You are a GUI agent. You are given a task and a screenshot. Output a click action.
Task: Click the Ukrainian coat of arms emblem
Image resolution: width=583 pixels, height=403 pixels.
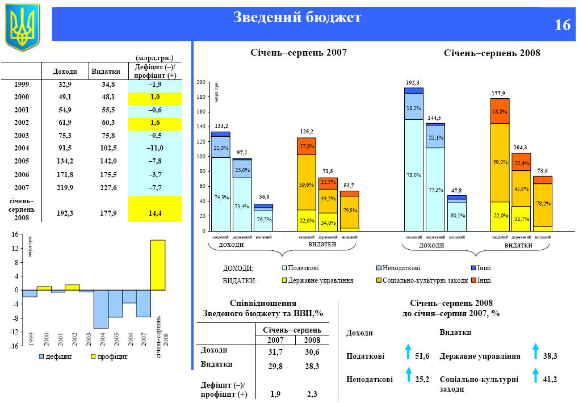tap(22, 26)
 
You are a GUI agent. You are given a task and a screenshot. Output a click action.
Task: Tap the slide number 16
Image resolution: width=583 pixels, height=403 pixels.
tap(562, 26)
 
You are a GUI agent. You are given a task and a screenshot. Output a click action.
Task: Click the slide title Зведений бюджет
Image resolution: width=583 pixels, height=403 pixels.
tap(297, 18)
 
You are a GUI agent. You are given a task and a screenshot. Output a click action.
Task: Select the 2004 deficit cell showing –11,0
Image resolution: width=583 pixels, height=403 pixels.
tap(155, 148)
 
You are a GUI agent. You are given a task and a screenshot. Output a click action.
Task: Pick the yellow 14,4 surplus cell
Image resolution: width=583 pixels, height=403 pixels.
tap(155, 213)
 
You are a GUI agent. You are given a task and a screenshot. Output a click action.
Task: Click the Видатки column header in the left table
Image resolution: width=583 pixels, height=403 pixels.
tap(105, 72)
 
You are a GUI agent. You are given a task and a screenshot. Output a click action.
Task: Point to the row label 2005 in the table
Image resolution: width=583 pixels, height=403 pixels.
tap(22, 161)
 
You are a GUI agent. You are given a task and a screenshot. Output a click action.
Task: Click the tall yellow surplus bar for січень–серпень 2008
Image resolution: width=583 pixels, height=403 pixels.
tap(158, 265)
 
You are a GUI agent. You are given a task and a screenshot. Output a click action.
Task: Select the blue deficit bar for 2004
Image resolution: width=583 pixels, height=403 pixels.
tap(101, 309)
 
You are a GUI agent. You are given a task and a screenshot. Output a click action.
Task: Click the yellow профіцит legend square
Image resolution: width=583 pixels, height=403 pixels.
tap(93, 356)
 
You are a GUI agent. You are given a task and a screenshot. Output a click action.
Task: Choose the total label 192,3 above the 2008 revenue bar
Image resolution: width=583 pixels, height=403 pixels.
tap(413, 83)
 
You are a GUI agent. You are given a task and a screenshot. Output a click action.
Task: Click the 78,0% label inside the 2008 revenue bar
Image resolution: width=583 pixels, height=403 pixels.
tap(414, 175)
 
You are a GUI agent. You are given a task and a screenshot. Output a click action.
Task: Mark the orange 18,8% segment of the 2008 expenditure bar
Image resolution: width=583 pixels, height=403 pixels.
tap(500, 111)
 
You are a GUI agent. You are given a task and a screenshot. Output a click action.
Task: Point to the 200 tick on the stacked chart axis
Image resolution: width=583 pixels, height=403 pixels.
tap(200, 83)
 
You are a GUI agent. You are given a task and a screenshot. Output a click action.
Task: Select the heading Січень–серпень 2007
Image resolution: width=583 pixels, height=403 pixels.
tap(299, 52)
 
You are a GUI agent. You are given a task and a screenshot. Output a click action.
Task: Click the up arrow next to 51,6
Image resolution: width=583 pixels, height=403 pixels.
tap(408, 352)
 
